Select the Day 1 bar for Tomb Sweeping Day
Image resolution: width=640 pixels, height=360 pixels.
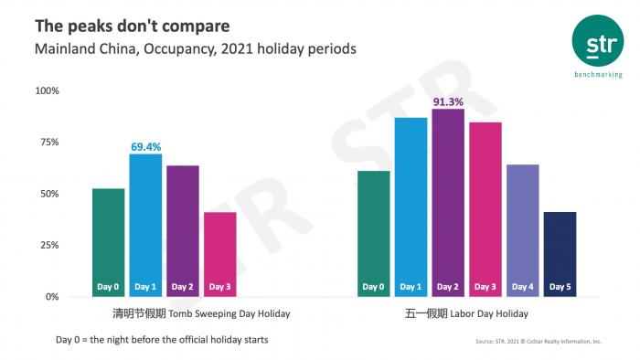[145, 225]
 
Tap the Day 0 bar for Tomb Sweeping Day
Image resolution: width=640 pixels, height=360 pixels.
[108, 242]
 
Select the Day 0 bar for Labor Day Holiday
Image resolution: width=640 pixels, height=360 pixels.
[373, 233]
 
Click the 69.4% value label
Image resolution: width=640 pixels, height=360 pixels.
[145, 146]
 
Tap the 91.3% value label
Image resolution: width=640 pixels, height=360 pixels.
[448, 101]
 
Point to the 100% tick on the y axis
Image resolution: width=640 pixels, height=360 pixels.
[47, 90]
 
